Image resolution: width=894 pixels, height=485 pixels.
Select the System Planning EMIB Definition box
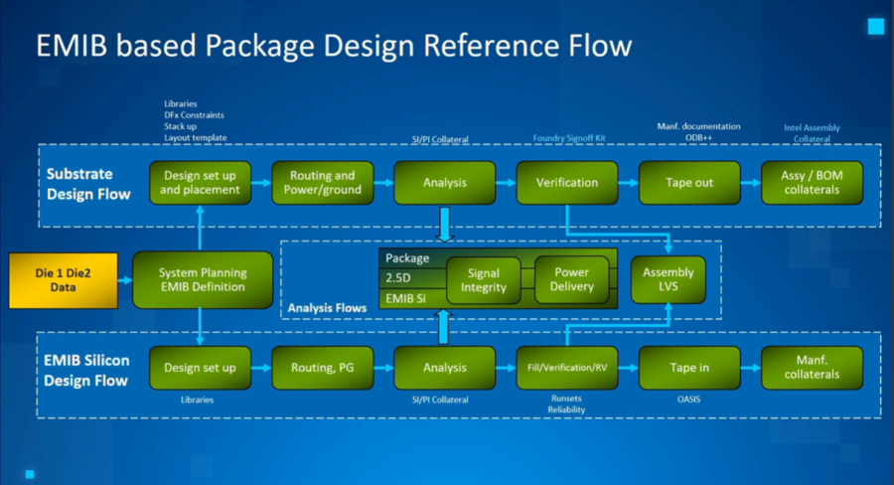pyautogui.click(x=202, y=279)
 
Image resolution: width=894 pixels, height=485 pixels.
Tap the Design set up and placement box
pyautogui.click(x=200, y=183)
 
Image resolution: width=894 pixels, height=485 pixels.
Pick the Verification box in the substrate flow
pyautogui.click(x=567, y=183)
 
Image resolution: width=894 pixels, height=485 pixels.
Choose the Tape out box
pyautogui.click(x=689, y=183)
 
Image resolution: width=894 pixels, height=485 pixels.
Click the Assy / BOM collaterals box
pyautogui.click(x=813, y=183)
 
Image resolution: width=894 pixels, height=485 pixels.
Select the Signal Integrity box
pyautogui.click(x=483, y=280)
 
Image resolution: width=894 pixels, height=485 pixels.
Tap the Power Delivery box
pyautogui.click(x=571, y=280)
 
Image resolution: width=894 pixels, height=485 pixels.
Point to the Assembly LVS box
pyautogui.click(x=669, y=280)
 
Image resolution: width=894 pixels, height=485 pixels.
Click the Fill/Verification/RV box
pyautogui.click(x=567, y=368)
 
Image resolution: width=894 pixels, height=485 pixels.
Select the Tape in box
pyautogui.click(x=689, y=368)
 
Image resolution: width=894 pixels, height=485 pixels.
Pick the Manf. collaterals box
pyautogui.click(x=813, y=368)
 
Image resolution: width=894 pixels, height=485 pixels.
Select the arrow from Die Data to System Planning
pyautogui.click(x=124, y=279)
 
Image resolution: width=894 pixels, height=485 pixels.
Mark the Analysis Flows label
pyautogui.click(x=327, y=308)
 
